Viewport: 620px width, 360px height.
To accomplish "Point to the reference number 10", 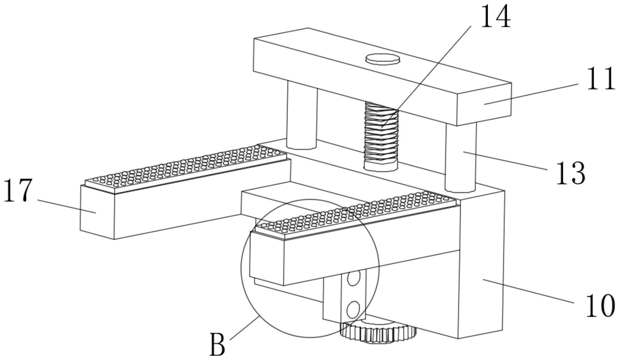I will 600,306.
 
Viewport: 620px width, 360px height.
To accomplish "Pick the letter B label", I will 217,345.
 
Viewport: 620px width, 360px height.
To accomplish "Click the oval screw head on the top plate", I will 383,59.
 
